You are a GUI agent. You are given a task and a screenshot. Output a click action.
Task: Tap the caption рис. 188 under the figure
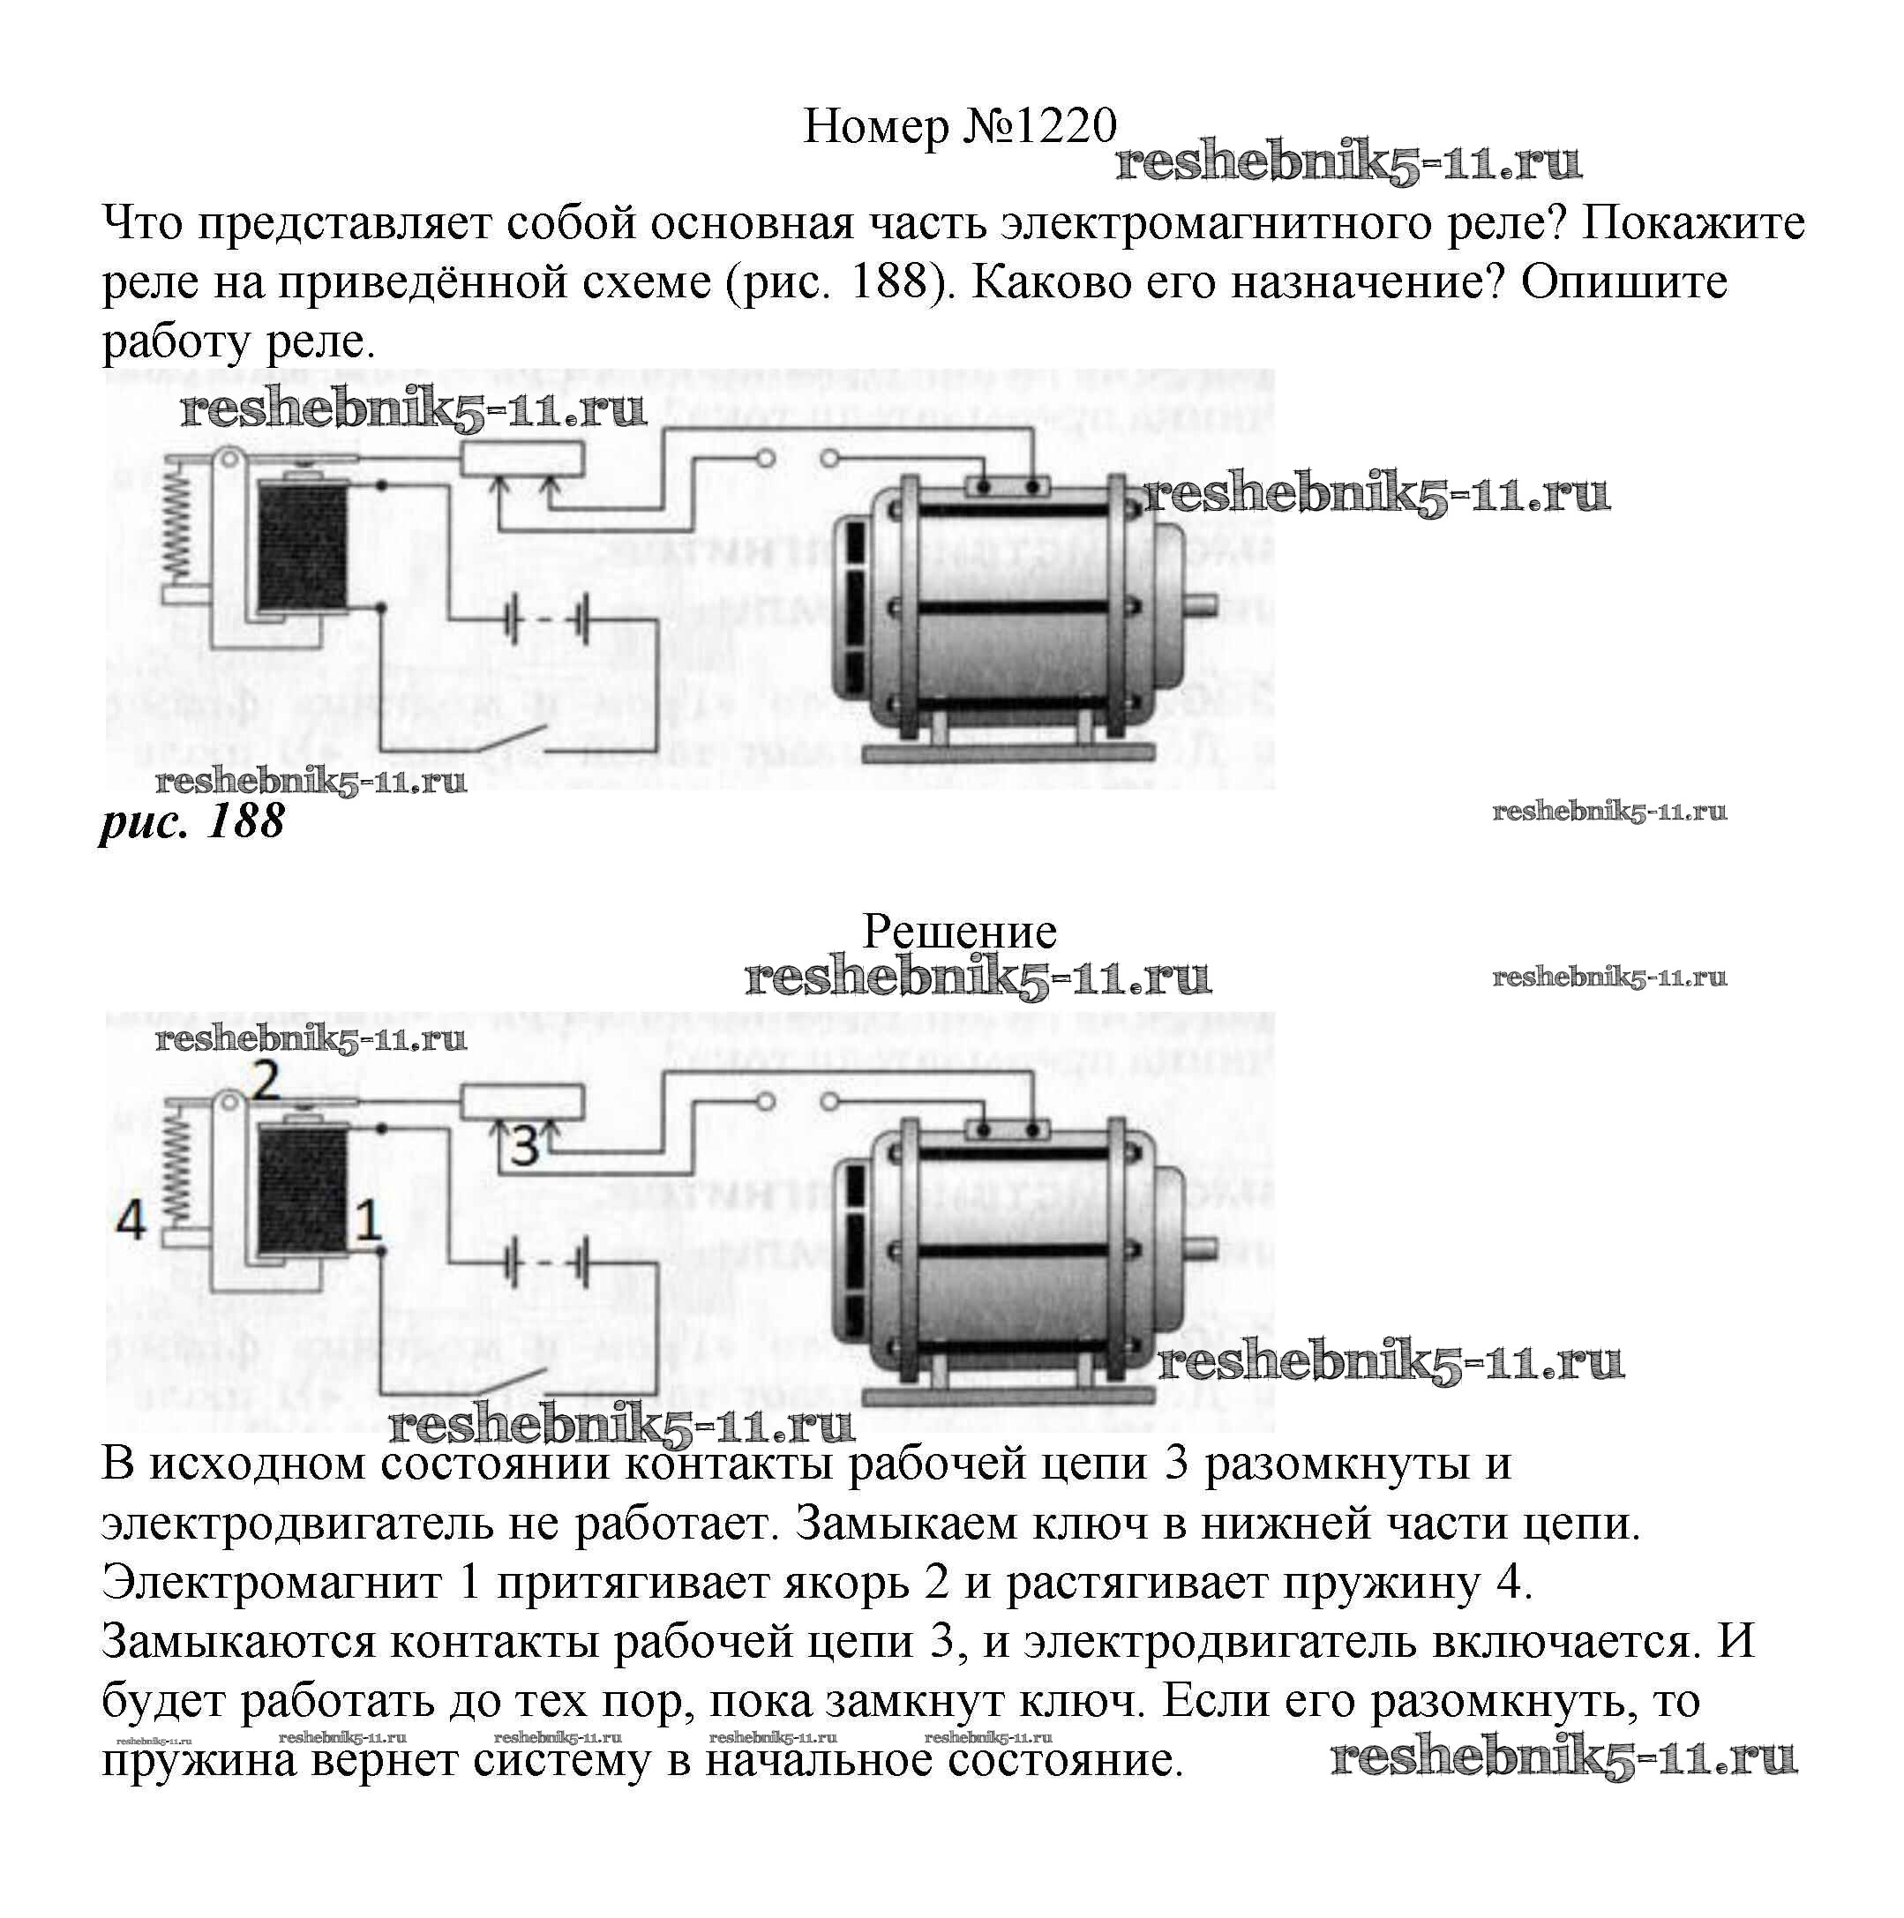[x=191, y=822]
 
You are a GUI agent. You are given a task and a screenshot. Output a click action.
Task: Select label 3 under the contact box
[x=524, y=1147]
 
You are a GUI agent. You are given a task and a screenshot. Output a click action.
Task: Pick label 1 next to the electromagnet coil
[x=368, y=1219]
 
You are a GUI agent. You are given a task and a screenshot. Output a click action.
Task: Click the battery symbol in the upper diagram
[x=546, y=620]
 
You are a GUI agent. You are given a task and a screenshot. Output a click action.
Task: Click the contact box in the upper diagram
[x=522, y=461]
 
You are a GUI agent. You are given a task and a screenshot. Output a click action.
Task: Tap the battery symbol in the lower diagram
[x=546, y=1263]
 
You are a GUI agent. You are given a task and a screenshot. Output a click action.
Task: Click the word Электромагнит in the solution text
[x=271, y=1583]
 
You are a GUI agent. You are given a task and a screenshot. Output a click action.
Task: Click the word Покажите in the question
[x=1692, y=224]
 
